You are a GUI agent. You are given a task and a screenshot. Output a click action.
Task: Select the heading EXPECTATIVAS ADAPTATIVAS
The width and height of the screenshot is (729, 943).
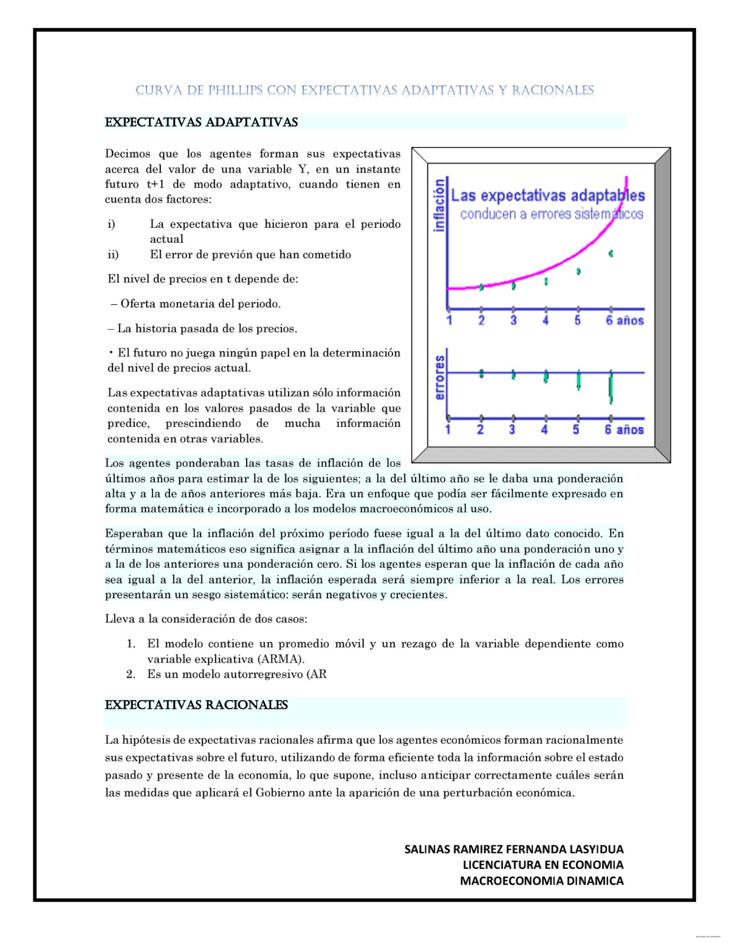201,122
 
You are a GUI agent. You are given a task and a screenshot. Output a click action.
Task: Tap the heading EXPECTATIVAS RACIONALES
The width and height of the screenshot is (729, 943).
196,705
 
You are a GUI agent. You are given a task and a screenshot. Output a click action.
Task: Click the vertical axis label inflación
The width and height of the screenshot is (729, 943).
439,205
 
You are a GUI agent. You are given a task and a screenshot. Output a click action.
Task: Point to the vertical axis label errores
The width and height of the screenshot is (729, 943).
439,378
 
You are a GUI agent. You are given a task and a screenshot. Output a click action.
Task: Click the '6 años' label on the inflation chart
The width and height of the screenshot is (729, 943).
624,321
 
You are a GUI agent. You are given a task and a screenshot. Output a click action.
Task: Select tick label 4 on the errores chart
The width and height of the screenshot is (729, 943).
544,430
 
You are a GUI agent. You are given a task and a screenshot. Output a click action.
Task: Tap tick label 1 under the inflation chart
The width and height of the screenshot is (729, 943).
449,321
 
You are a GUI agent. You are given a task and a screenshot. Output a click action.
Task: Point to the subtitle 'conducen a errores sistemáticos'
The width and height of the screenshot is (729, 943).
551,214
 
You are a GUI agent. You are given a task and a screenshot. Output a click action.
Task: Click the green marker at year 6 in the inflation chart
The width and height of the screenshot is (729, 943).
611,253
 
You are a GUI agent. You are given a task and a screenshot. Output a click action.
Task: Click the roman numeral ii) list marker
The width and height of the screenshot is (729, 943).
113,254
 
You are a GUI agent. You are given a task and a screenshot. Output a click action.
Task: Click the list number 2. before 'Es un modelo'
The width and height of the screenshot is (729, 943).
131,674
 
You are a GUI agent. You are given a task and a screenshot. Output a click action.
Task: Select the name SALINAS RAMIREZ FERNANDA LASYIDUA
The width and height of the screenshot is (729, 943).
514,849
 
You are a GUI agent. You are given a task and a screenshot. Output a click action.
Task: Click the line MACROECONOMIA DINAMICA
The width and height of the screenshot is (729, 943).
541,881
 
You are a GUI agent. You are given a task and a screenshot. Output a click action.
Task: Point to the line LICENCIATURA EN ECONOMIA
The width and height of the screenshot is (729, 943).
542,865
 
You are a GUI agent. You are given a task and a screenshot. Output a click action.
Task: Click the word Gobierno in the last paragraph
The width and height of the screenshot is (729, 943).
280,793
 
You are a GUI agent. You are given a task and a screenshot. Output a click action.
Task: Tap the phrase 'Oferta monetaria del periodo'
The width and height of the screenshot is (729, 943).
200,304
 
